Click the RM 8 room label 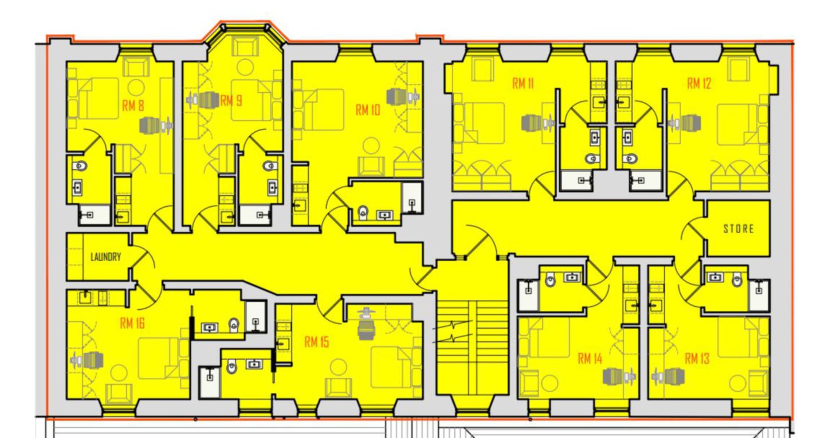pos(133,105)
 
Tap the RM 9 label pos(231,101)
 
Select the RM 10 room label pos(368,111)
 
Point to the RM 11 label pos(523,84)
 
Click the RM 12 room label pos(699,84)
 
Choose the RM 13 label pos(697,359)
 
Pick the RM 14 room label pos(590,359)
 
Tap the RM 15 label pos(317,342)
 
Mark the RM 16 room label pos(132,323)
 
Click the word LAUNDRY pos(106,257)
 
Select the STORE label pos(738,229)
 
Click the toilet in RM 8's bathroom pos(81,166)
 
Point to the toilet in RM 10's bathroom pos(362,214)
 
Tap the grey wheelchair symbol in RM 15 pos(365,325)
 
